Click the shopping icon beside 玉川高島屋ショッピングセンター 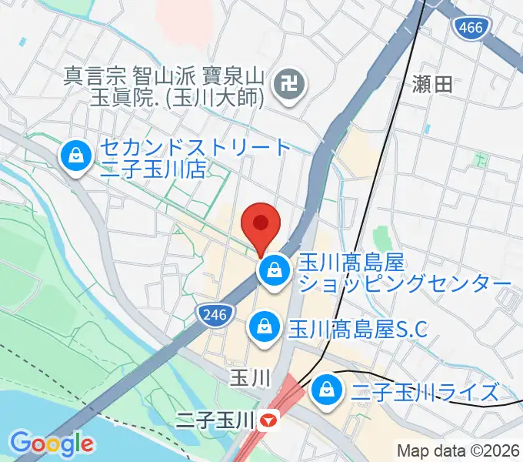click(x=272, y=270)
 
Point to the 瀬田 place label click(x=432, y=85)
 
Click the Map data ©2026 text click(x=458, y=450)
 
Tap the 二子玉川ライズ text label click(x=425, y=393)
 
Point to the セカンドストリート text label click(x=196, y=147)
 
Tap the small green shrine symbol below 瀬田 click(x=481, y=161)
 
